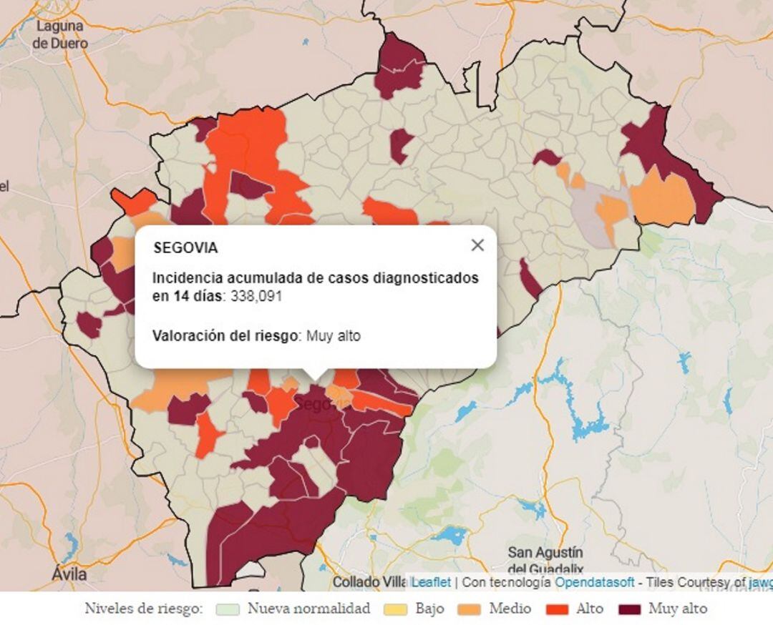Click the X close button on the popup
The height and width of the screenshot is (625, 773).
(x=477, y=245)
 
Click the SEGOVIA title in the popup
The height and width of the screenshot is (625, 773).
(x=185, y=248)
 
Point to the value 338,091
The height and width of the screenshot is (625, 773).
(x=256, y=296)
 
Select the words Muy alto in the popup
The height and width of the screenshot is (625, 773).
(x=334, y=335)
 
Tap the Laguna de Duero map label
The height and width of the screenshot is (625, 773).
(x=60, y=34)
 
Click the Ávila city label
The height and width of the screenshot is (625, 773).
(x=69, y=574)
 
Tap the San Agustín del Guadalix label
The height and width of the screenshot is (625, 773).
(x=545, y=561)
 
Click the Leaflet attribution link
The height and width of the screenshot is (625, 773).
(x=431, y=582)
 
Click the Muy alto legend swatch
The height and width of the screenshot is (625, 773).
(x=629, y=609)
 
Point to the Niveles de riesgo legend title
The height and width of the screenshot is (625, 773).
(x=144, y=609)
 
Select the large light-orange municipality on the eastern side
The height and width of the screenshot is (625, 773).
(x=663, y=197)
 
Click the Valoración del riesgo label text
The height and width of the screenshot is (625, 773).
(x=225, y=335)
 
